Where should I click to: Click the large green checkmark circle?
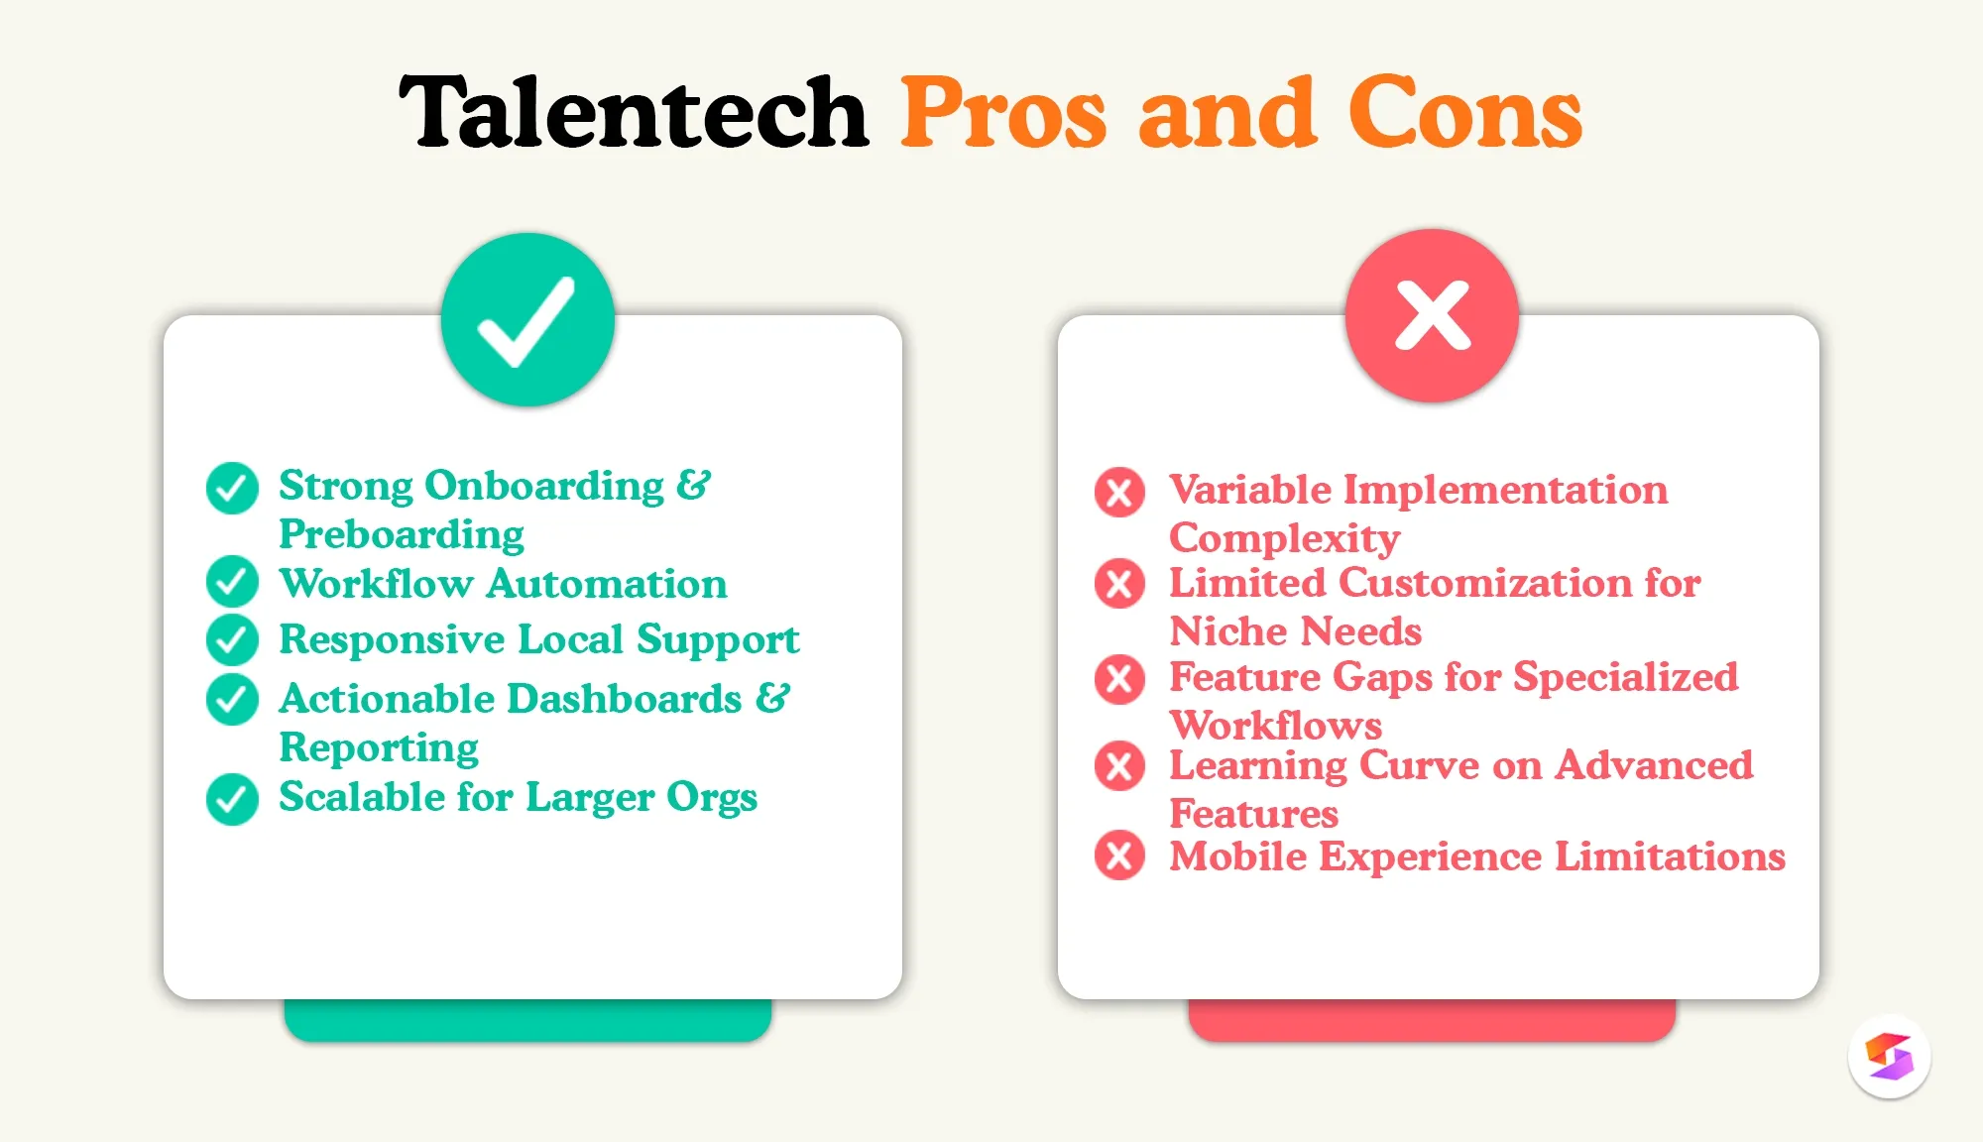pyautogui.click(x=527, y=319)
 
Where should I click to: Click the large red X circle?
pyautogui.click(x=1432, y=316)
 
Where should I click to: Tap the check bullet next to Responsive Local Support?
pyautogui.click(x=232, y=639)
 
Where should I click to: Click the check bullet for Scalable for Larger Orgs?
pyautogui.click(x=232, y=798)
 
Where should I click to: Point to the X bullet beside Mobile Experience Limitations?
pyautogui.click(x=1119, y=856)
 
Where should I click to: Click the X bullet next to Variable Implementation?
pyautogui.click(x=1119, y=492)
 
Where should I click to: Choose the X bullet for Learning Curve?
pyautogui.click(x=1119, y=766)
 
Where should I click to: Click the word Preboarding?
pyautogui.click(x=402, y=534)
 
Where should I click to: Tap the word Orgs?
pyautogui.click(x=711, y=798)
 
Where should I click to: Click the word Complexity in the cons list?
pyautogui.click(x=1284, y=538)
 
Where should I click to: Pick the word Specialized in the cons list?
pyautogui.click(x=1625, y=677)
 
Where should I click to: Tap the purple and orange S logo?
pyautogui.click(x=1889, y=1057)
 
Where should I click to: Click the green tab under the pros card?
pyautogui.click(x=527, y=1021)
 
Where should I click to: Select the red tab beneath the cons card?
pyautogui.click(x=1432, y=1021)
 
